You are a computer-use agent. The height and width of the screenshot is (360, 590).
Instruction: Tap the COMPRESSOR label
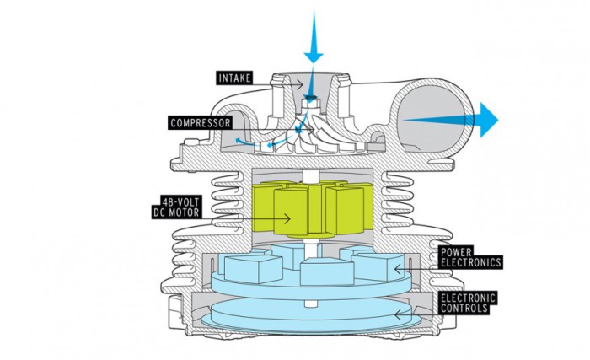201,123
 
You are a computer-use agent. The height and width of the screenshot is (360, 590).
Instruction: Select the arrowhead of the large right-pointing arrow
487,119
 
